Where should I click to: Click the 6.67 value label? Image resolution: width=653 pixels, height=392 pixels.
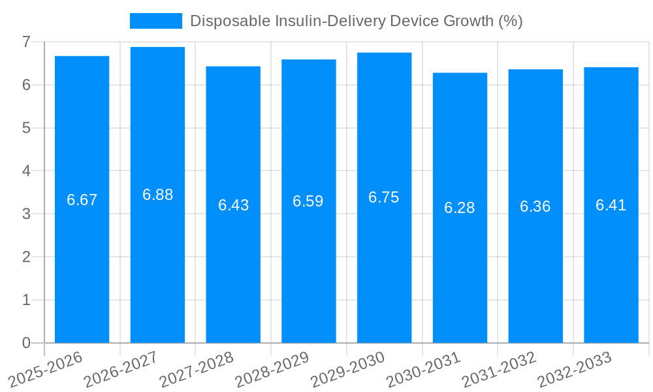[82, 200]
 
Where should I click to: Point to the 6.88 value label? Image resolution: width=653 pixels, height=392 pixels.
[157, 195]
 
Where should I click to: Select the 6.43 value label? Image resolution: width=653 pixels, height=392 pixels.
[233, 205]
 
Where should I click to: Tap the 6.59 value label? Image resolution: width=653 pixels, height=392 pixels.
[308, 201]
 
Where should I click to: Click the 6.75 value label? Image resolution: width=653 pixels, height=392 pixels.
[384, 197]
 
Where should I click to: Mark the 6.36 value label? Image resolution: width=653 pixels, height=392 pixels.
[535, 206]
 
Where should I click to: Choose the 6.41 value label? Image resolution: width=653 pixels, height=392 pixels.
[611, 205]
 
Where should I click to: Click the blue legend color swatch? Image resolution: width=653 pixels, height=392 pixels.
[155, 21]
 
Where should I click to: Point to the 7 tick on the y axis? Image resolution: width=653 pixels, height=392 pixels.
[26, 42]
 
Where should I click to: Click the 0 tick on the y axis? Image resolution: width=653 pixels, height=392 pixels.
[26, 343]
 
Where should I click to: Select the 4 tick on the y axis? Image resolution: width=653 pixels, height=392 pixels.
[26, 171]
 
